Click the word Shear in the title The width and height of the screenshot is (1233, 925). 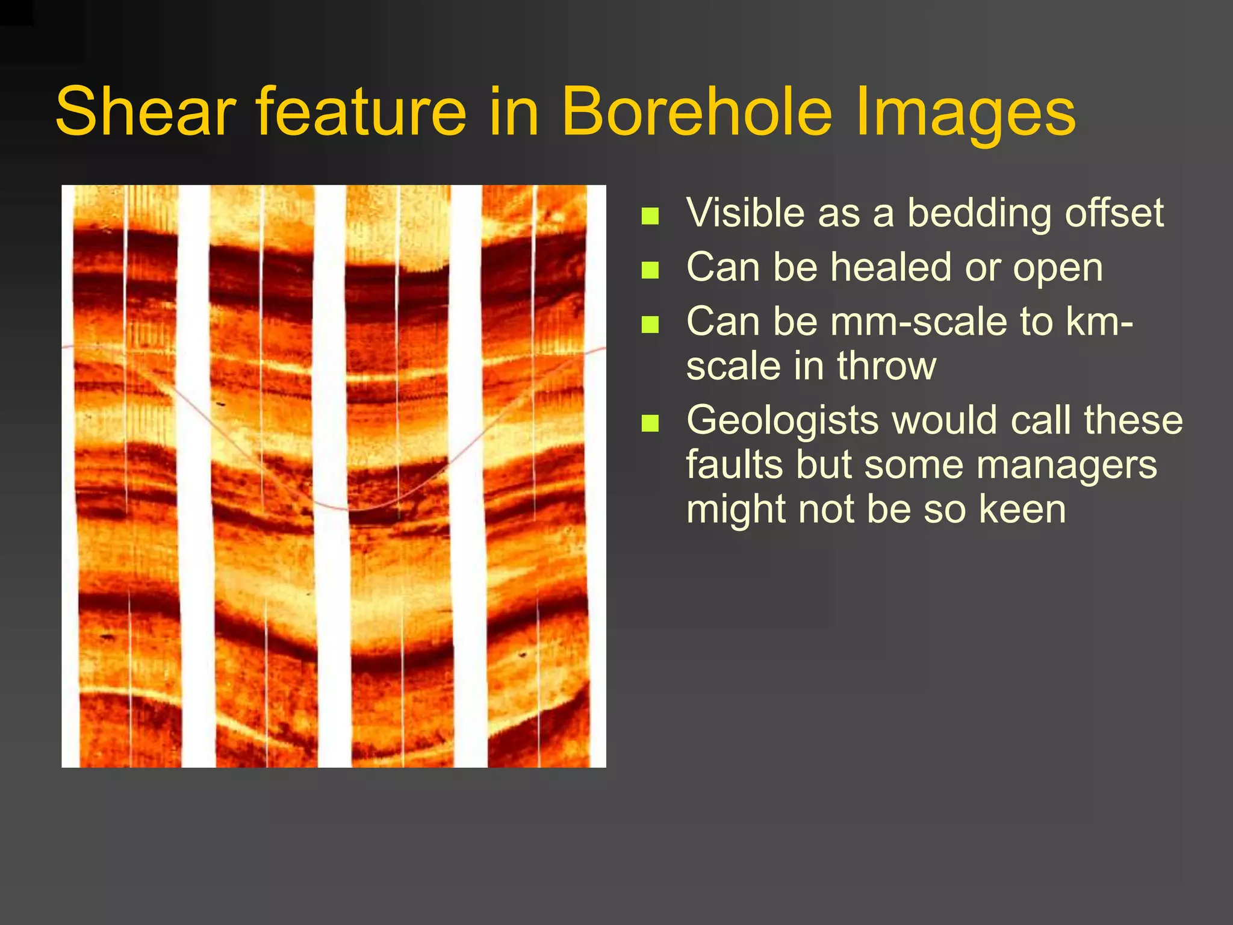[x=145, y=112]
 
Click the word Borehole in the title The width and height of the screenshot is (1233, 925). [x=696, y=112]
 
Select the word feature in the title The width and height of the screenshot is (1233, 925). [x=361, y=112]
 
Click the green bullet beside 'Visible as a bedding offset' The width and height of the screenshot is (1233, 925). [x=650, y=216]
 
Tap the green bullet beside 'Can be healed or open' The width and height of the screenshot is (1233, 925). [x=650, y=270]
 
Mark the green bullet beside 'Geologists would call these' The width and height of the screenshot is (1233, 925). [x=650, y=423]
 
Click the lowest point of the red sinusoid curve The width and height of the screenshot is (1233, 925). [x=352, y=511]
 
